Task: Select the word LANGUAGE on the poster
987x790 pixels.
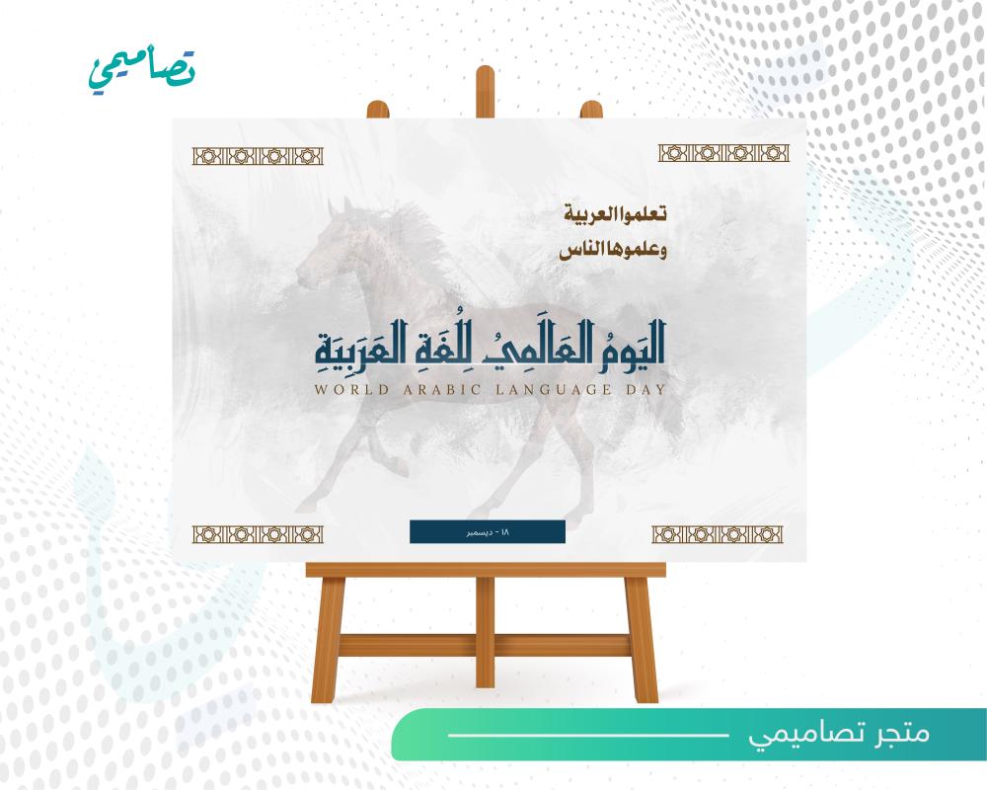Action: point(554,389)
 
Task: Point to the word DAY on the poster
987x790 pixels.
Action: point(645,389)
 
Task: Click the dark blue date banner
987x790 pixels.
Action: point(488,531)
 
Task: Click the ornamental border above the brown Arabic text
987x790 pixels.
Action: point(723,153)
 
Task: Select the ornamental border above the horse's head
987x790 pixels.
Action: point(258,156)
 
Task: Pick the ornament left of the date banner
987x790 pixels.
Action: point(258,534)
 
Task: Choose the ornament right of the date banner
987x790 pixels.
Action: point(717,534)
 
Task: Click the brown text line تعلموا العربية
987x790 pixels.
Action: point(614,213)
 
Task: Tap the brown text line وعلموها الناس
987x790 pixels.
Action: point(613,250)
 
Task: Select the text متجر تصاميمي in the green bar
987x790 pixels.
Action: point(839,734)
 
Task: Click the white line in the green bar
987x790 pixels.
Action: point(588,735)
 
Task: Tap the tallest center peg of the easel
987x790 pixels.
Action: point(485,92)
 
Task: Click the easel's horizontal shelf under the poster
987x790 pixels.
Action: point(486,570)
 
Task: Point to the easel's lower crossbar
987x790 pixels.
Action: point(485,646)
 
